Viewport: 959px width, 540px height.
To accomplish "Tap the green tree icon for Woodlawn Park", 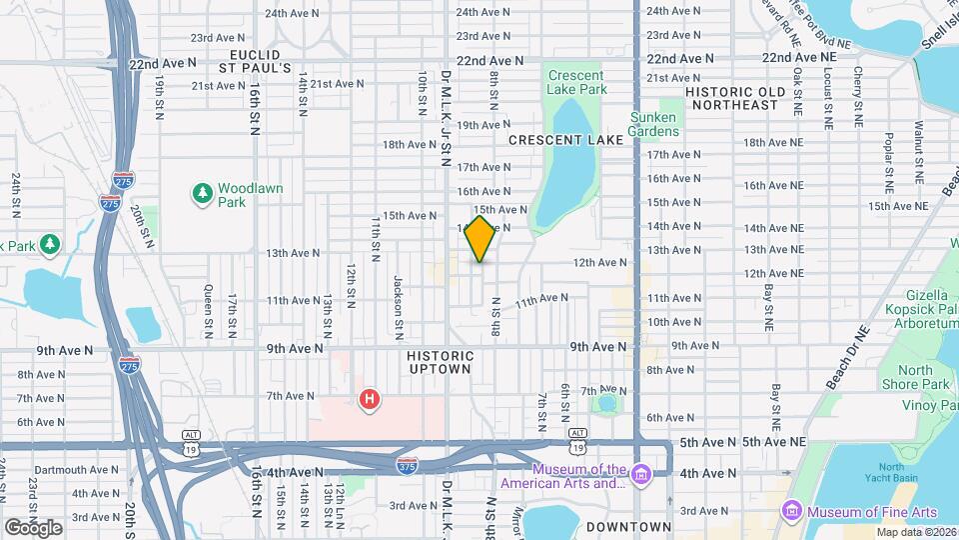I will [x=203, y=190].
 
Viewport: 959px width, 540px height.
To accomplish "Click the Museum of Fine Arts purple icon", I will [x=791, y=511].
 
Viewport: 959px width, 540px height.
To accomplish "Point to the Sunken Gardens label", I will [x=653, y=124].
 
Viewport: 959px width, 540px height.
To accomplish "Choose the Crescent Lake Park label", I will [x=576, y=82].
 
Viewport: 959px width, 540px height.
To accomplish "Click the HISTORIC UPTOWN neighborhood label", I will [x=440, y=362].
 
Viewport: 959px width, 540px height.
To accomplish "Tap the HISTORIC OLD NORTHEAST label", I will [x=745, y=98].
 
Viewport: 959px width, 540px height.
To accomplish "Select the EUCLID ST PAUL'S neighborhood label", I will [x=255, y=61].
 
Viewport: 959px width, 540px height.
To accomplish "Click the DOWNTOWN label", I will [x=628, y=527].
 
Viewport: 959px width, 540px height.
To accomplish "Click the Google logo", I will [x=33, y=528].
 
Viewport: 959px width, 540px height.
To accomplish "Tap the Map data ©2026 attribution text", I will [x=916, y=532].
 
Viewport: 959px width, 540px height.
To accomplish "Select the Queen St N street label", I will [x=208, y=307].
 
